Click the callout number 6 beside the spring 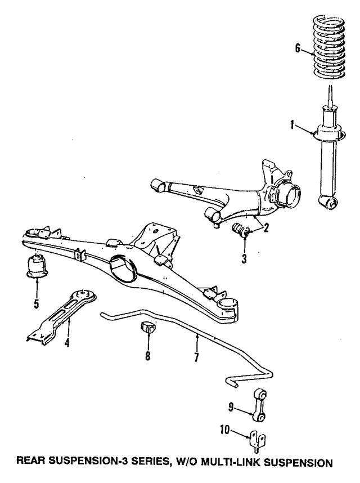coord(298,48)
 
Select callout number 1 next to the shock coord(292,126)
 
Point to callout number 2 coord(265,228)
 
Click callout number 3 coord(244,259)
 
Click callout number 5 coord(37,304)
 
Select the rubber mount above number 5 coord(37,266)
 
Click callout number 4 coord(66,342)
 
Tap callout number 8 coord(148,356)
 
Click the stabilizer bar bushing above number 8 coord(148,328)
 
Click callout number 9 coord(231,408)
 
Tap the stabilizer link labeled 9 coord(259,405)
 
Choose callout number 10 coord(225,430)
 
